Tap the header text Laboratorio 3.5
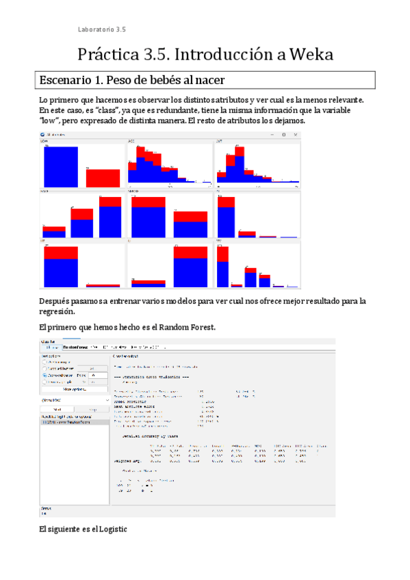102,29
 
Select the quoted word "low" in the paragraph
50,120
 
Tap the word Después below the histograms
57,301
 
